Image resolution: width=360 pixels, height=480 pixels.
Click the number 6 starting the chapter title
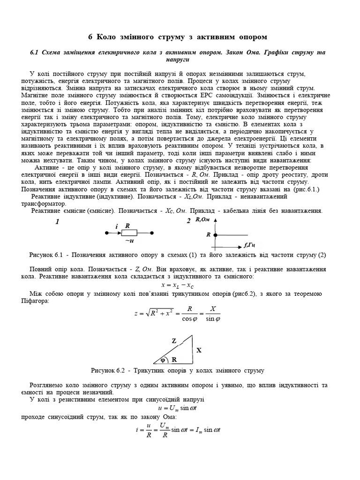pyautogui.click(x=91, y=37)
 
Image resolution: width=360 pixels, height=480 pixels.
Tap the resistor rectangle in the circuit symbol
pyautogui.click(x=129, y=232)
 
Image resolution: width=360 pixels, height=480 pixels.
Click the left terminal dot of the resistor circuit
pyautogui.click(x=105, y=232)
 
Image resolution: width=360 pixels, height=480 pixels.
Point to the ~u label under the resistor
pyautogui.click(x=129, y=241)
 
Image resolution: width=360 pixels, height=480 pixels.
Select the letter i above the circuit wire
pyautogui.click(x=116, y=227)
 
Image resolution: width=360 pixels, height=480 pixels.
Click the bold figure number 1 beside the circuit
pyautogui.click(x=57, y=222)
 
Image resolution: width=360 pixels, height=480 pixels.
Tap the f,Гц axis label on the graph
pyautogui.click(x=249, y=245)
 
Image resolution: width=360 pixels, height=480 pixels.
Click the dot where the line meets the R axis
pyautogui.click(x=215, y=234)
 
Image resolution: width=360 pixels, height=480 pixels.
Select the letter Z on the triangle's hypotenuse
pyautogui.click(x=174, y=341)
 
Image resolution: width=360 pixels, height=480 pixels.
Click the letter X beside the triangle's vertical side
pyautogui.click(x=198, y=350)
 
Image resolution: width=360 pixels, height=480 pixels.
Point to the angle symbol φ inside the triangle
pyautogui.click(x=163, y=360)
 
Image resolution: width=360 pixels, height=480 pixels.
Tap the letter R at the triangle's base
pyautogui.click(x=174, y=360)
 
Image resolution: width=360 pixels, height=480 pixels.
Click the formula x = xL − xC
pyautogui.click(x=177, y=285)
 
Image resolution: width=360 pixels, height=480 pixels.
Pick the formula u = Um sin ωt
pyautogui.click(x=180, y=407)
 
